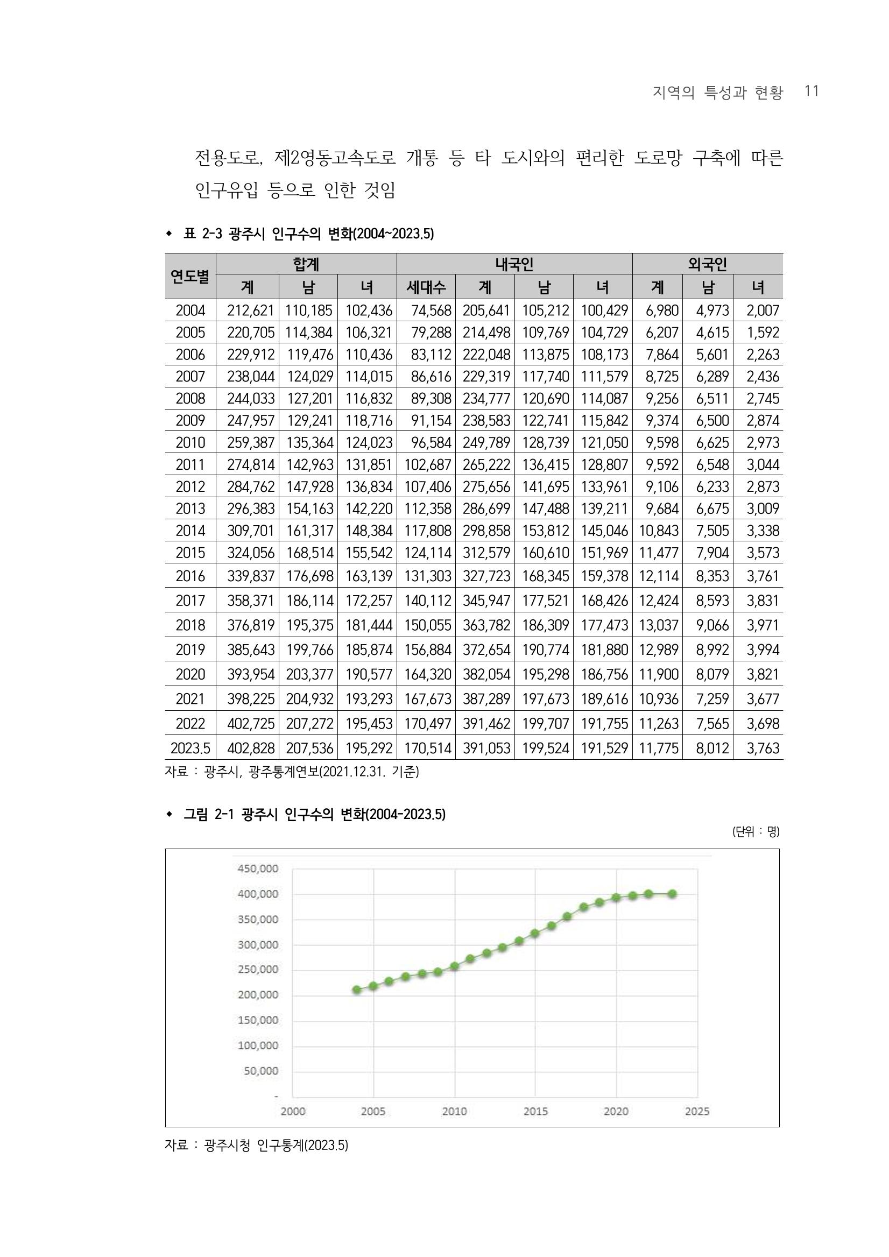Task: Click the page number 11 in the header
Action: (x=812, y=91)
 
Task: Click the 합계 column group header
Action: (x=306, y=264)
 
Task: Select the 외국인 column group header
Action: (x=707, y=264)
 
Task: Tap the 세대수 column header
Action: (x=426, y=287)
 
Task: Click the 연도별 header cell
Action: (x=190, y=276)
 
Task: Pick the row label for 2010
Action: (x=190, y=442)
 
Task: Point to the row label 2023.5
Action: (x=190, y=748)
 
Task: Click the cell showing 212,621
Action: (x=250, y=310)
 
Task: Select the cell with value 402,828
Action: (x=250, y=748)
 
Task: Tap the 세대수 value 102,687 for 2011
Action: (x=427, y=464)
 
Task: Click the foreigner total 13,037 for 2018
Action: (x=659, y=625)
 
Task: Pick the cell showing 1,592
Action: (x=763, y=333)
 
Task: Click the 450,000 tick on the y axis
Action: (x=258, y=868)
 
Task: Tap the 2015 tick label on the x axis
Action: (x=535, y=1111)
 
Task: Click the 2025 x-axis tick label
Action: (x=697, y=1111)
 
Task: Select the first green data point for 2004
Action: (x=357, y=989)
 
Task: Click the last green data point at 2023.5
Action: (x=673, y=893)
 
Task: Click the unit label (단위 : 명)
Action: (x=756, y=831)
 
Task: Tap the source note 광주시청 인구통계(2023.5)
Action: (x=276, y=1145)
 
